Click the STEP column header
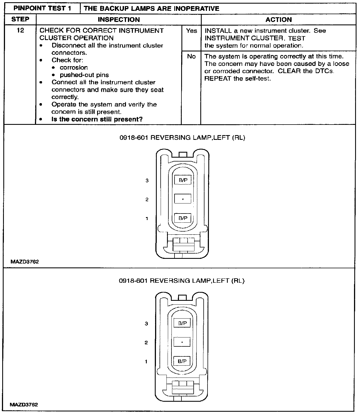coord(20,19)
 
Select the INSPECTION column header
coord(119,19)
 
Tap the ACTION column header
coord(279,19)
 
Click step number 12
coord(21,31)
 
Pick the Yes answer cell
coord(191,31)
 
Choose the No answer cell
coord(191,56)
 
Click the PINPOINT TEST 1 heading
coord(42,8)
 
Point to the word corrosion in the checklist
coord(74,68)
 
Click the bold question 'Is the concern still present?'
coord(97,119)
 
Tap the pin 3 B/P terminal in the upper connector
coord(183,180)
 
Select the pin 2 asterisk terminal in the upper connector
coord(183,199)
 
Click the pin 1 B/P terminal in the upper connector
coord(183,218)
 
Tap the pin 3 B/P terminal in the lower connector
coord(182,323)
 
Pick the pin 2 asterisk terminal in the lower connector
coord(182,342)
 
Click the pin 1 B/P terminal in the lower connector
coord(182,361)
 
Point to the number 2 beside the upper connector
coord(147,200)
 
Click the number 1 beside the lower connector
coord(146,362)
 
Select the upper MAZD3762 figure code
coord(25,262)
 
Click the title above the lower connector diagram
coord(182,281)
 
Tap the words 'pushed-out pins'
coord(84,75)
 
